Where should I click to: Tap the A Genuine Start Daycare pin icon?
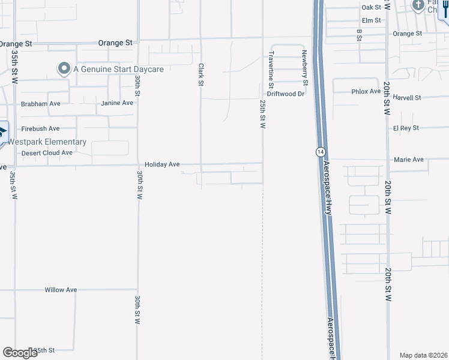click(64, 69)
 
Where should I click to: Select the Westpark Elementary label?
click(47, 142)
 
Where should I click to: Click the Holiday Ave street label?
click(162, 164)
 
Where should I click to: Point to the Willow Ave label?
click(61, 290)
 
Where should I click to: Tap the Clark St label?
click(201, 75)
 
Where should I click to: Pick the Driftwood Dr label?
click(286, 94)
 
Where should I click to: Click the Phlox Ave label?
click(366, 91)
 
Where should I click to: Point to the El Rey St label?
click(406, 128)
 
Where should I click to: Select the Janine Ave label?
click(117, 103)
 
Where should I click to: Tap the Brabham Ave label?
click(40, 104)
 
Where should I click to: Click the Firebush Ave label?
click(40, 128)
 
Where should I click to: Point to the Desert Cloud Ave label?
click(47, 153)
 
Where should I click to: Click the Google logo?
click(20, 353)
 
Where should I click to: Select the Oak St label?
click(372, 7)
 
